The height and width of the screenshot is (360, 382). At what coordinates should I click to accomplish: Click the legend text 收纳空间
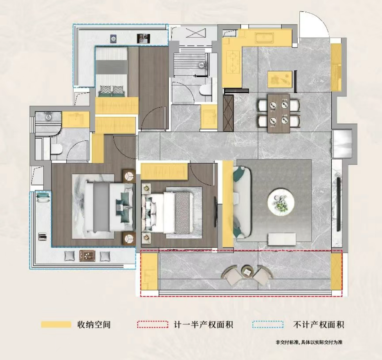[94, 325]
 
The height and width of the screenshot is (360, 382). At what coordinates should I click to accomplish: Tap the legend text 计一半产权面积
[203, 325]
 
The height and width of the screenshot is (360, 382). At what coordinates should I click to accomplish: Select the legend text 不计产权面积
[319, 325]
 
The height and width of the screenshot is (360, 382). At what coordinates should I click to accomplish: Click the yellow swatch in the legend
[56, 325]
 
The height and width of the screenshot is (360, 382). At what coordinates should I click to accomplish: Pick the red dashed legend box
[153, 325]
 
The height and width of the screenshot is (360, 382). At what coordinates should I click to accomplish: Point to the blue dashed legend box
[268, 325]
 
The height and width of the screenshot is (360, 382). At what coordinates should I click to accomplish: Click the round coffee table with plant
[281, 202]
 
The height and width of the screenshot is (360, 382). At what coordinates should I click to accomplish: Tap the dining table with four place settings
[279, 113]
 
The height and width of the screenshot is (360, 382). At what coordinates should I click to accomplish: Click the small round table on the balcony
[247, 272]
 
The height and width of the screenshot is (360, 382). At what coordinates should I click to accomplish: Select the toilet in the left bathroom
[56, 148]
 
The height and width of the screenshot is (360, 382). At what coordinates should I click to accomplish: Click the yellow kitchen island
[280, 79]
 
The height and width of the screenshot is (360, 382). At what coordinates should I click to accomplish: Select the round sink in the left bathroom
[49, 117]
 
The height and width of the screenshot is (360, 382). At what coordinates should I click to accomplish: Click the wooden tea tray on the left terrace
[87, 256]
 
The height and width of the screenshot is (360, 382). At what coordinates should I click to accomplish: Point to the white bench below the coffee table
[282, 239]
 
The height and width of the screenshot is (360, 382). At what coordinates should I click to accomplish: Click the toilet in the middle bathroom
[205, 90]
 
